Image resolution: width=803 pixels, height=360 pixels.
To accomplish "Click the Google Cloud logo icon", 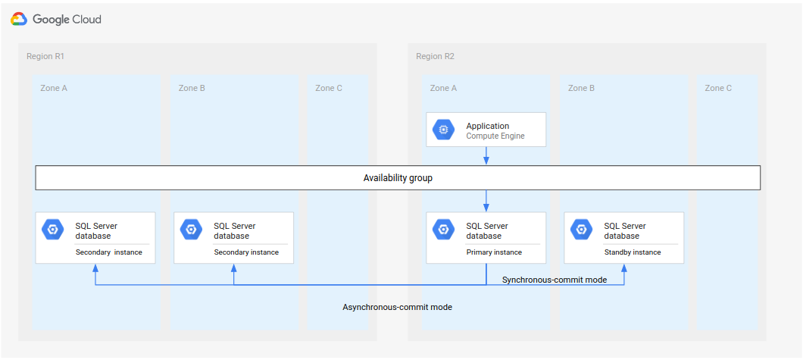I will click(x=19, y=19).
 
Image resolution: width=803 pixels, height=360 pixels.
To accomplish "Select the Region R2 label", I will click(x=435, y=57).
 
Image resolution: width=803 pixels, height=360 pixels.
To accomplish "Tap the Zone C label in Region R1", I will click(x=329, y=89).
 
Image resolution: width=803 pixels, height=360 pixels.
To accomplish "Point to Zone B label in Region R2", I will click(x=581, y=89).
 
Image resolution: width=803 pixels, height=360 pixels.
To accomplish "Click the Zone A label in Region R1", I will click(x=54, y=89).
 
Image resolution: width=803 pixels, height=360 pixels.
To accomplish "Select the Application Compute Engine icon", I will click(x=444, y=130).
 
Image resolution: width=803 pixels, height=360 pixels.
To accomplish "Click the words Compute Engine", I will click(x=495, y=136).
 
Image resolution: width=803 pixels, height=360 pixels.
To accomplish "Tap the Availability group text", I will click(x=398, y=178).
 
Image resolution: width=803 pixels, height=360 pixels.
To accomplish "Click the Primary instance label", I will click(x=493, y=252).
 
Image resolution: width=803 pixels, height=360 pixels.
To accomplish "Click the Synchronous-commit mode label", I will click(x=555, y=280).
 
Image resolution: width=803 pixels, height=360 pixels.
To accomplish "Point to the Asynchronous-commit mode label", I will click(x=397, y=307).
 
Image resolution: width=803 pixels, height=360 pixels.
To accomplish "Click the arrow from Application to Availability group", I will click(x=486, y=156).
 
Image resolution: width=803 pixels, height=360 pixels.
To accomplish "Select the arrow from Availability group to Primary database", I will click(x=486, y=201).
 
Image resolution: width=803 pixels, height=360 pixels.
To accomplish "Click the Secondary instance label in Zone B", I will click(x=246, y=252).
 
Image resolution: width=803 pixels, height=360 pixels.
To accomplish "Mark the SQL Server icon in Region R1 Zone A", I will click(x=53, y=229).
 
